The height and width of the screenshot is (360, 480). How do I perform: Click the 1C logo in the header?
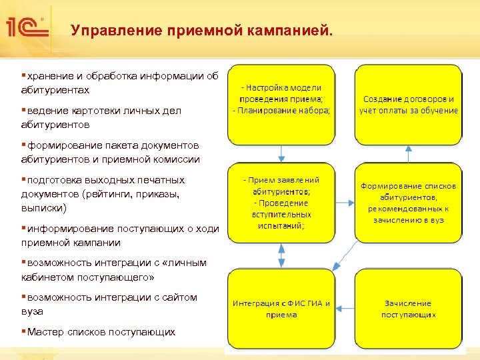pos(25,27)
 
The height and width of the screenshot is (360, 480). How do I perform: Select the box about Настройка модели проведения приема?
pos(281,105)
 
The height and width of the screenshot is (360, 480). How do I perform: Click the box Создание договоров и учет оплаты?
pos(408,105)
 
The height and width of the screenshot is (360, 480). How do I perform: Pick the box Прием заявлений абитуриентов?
pos(281,202)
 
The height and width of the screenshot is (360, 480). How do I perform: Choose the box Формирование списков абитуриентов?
pos(408,202)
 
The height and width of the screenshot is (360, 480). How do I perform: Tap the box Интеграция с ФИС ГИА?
pos(281,308)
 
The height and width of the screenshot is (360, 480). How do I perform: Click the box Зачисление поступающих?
pos(408,308)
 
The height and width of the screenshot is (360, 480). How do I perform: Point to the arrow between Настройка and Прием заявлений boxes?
pos(281,153)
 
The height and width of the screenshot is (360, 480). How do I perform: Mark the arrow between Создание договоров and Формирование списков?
pos(408,153)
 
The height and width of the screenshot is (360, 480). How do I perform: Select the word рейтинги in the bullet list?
pos(129,194)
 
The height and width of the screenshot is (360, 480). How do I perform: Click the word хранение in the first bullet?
pos(51,76)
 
